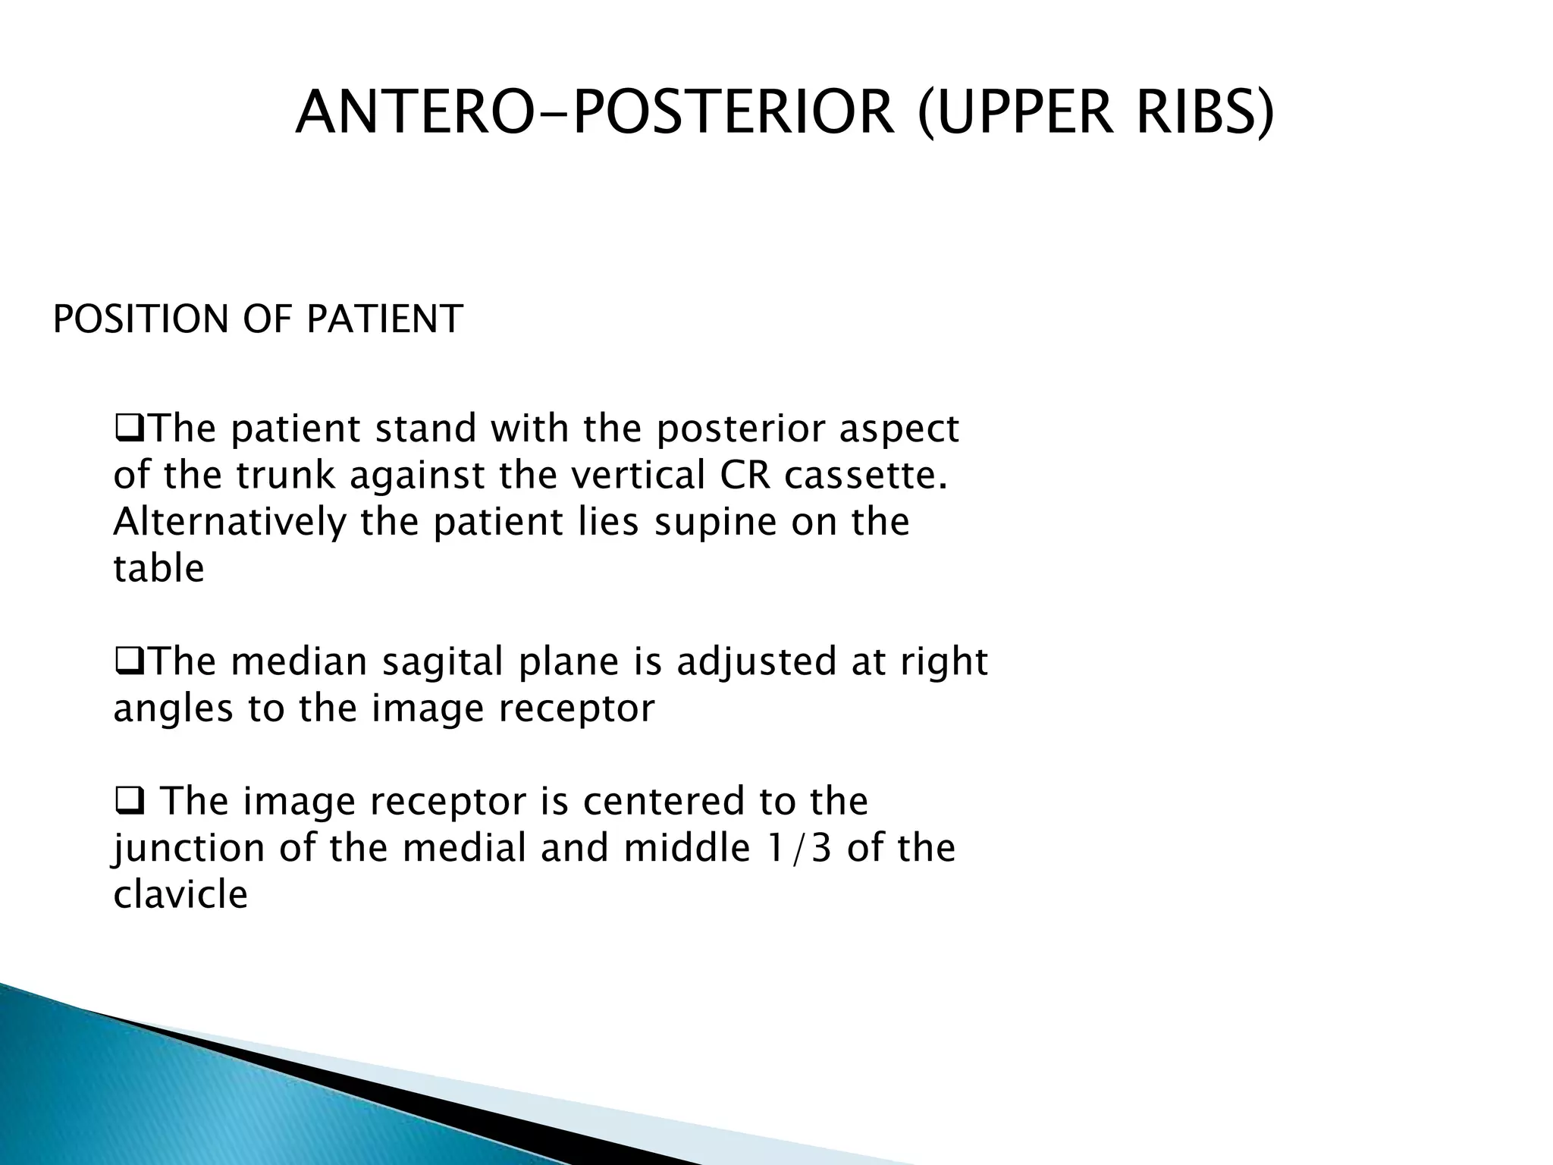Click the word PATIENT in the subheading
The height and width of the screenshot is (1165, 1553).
(x=384, y=319)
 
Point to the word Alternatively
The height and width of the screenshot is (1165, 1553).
(x=229, y=523)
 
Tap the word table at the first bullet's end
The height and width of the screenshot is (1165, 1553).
(x=158, y=569)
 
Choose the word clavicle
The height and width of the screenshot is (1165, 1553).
(x=180, y=895)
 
